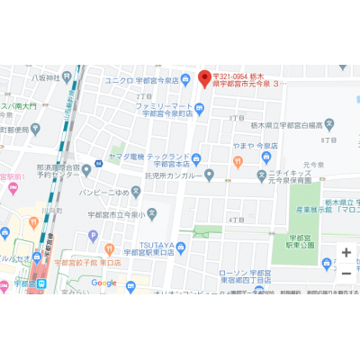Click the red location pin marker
coord(204,79)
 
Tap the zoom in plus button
coord(346,252)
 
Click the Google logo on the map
coord(103,283)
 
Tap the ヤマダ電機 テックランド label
coord(166,159)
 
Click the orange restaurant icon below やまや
coord(238,162)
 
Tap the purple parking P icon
coord(92,236)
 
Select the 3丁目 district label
coord(237,118)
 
